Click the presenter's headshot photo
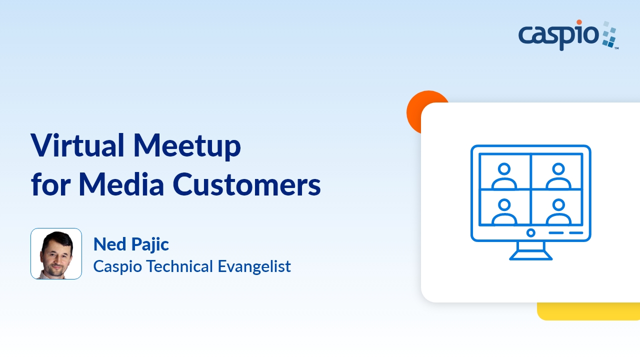tap(56, 253)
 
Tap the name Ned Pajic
tap(131, 244)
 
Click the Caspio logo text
tap(558, 35)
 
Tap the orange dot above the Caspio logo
tap(579, 22)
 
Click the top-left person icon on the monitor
tap(504, 176)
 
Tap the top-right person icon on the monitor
tap(558, 176)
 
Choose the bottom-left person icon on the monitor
tap(504, 212)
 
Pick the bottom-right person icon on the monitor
tap(558, 212)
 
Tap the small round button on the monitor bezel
tap(531, 232)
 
